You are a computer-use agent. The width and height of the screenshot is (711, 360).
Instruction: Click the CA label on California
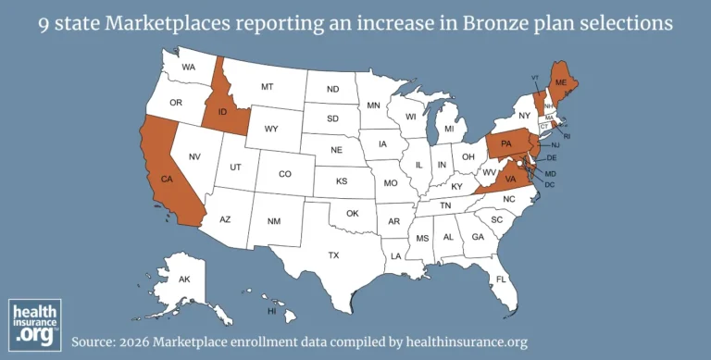(167, 178)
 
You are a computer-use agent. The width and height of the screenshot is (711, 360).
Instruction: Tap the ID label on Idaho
(222, 113)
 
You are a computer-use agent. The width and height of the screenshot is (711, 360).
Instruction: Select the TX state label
(333, 254)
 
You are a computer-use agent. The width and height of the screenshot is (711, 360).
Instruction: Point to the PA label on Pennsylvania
(506, 144)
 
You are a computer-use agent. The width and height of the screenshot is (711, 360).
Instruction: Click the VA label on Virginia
(509, 178)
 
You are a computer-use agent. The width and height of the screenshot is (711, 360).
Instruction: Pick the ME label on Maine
(559, 81)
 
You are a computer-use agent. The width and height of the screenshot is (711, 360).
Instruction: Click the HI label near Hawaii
(272, 312)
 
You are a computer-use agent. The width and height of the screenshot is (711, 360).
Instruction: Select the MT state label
(267, 87)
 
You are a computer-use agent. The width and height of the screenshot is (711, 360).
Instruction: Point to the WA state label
(189, 68)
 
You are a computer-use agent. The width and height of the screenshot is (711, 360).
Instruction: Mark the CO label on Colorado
(285, 174)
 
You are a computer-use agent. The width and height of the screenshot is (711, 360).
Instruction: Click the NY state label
(524, 116)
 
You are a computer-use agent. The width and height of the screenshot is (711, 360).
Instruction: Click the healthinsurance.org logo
(34, 323)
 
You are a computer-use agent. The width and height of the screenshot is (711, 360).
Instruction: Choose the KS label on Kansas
(341, 181)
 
